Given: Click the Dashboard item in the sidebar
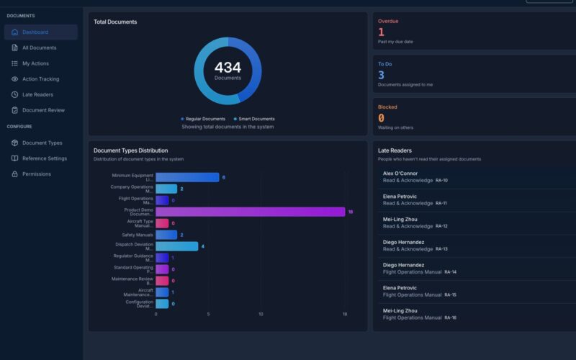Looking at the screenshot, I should click(x=35, y=32).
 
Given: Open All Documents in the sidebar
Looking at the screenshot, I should click(x=39, y=48).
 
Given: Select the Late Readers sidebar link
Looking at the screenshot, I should click(x=37, y=94).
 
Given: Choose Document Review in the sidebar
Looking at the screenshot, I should click(x=43, y=110).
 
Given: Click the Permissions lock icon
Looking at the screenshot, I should click(x=15, y=174).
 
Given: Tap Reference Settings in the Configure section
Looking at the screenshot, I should click(x=44, y=158).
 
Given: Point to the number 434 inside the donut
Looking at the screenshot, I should click(x=228, y=68).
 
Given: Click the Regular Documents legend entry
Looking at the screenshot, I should click(x=204, y=119).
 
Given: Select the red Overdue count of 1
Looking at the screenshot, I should click(x=381, y=32).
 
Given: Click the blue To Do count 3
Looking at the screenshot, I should click(x=381, y=75).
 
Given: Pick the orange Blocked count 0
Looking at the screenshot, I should click(x=381, y=118).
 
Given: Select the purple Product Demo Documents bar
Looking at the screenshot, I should click(x=250, y=212).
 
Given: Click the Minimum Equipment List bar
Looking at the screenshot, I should click(x=187, y=177).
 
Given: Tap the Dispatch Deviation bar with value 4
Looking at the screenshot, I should click(x=176, y=246).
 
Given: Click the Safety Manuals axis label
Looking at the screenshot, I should click(x=138, y=235).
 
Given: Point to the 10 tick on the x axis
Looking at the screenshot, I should click(x=261, y=314).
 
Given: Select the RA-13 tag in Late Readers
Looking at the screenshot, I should click(x=441, y=249).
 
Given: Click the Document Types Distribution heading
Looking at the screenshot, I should click(x=130, y=150).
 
